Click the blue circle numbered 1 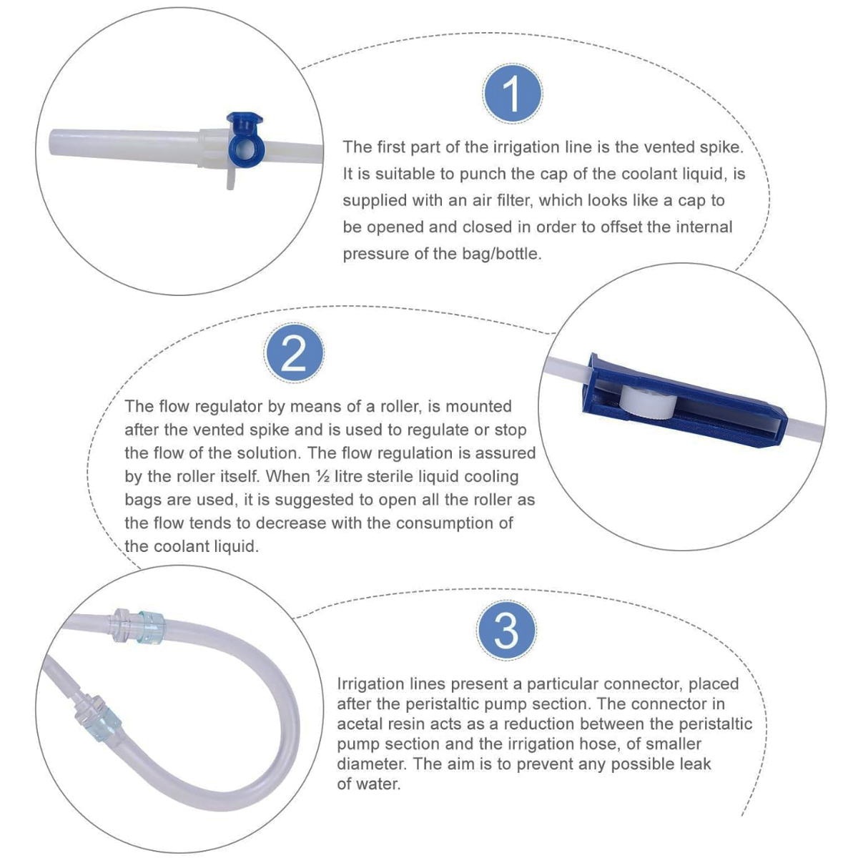[512, 94]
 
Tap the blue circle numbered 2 [293, 352]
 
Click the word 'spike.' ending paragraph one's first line [720, 147]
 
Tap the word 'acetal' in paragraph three [360, 724]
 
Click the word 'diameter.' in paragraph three [372, 764]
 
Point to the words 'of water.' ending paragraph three [368, 784]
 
